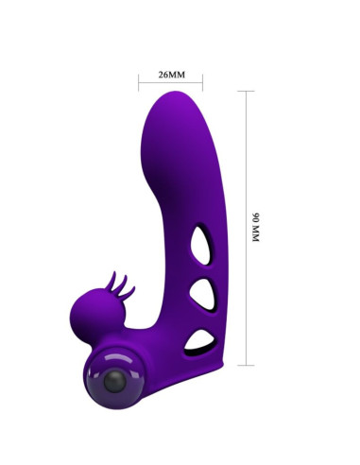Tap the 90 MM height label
coord(253,228)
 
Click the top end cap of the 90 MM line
coord(246,92)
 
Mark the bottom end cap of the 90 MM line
coord(246,365)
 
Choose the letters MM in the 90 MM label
coord(253,238)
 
